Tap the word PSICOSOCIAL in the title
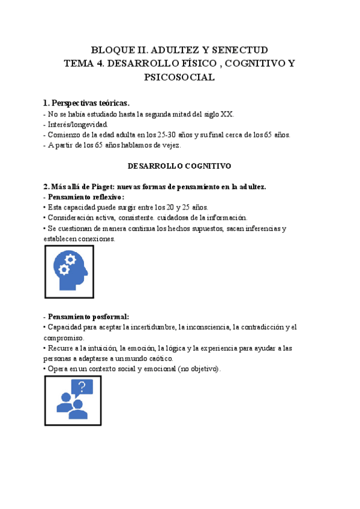pos(179,77)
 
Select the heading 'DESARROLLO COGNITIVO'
pos(179,165)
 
